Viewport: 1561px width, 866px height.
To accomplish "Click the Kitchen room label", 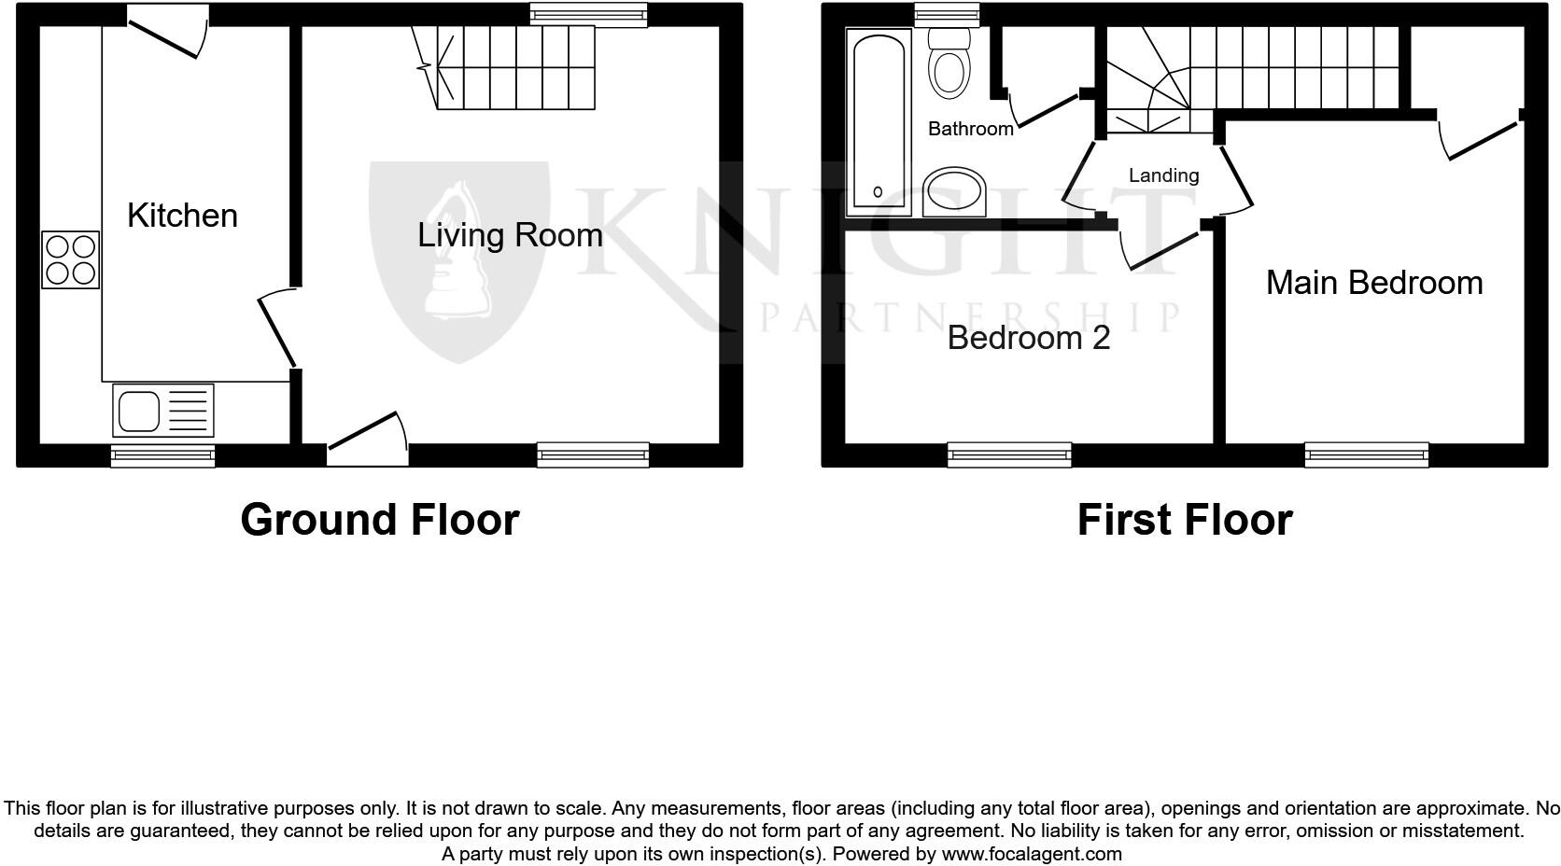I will pos(182,216).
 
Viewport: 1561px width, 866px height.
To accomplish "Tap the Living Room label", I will pos(510,235).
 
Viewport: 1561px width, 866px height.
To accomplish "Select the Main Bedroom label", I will pos(1374,283).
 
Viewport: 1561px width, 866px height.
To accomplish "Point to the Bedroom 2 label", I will pos(1029,337).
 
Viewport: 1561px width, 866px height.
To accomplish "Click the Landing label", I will pos(1163,175).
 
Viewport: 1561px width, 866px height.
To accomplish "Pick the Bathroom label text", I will pos(970,129).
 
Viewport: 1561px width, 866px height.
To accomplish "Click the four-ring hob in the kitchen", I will pos(71,259).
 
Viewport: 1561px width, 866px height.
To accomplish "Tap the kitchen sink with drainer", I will pos(163,410).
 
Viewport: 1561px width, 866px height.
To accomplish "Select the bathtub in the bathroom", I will pos(879,120).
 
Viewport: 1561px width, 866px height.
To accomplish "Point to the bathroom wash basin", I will pos(954,192).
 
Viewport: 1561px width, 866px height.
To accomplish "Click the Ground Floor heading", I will pos(379,520).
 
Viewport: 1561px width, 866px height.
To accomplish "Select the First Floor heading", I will pos(1184,520).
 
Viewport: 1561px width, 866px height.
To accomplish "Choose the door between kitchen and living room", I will pos(277,330).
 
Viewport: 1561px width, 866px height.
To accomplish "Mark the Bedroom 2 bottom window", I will pos(1009,454).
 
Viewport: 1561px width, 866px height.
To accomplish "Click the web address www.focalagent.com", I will pos(1032,853).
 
